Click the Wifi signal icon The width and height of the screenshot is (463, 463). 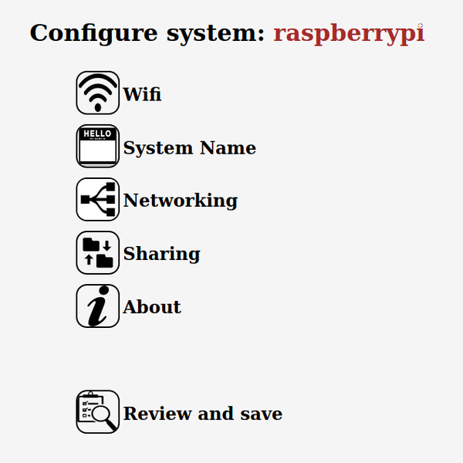[x=97, y=93]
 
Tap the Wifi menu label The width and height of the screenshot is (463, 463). [x=142, y=95]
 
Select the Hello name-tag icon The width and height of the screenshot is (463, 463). [x=97, y=146]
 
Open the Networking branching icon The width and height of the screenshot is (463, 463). [x=97, y=199]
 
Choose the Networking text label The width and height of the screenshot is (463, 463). [x=180, y=201]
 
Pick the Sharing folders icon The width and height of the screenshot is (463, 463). [x=97, y=252]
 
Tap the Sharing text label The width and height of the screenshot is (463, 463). [x=161, y=254]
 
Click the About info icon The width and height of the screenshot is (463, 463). [x=97, y=306]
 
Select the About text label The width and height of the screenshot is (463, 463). [x=152, y=307]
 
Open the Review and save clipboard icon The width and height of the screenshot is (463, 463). [x=97, y=411]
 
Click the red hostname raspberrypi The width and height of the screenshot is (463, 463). [x=349, y=34]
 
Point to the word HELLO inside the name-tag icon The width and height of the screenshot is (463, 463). [x=97, y=134]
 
